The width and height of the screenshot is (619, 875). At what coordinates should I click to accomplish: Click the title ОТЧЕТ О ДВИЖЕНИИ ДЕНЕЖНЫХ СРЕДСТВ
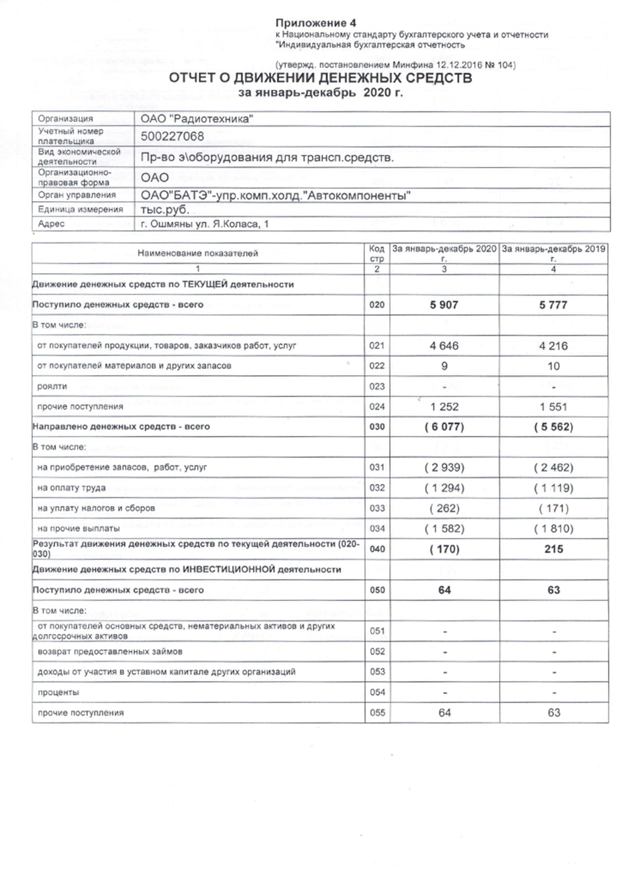coord(320,78)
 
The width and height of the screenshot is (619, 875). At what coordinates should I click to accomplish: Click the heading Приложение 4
coord(316,23)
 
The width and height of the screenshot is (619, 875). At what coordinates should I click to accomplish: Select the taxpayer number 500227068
coord(172,136)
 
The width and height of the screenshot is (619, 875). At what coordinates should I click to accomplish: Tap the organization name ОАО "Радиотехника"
coord(197,119)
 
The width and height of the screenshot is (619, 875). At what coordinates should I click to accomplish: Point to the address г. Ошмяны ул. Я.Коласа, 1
coord(204,224)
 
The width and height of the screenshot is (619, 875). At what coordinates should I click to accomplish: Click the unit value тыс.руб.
coord(165,209)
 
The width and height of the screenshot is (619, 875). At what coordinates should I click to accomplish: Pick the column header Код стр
coord(377,253)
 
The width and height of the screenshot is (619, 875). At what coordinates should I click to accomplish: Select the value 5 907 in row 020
coord(444,305)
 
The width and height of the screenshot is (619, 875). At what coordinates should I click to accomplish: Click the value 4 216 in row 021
coord(553,346)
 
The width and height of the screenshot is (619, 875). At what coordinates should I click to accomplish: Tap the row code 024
coord(377,407)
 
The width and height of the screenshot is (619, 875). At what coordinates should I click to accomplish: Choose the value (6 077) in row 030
coord(444,427)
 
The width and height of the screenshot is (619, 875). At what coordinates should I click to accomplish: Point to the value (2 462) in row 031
coord(553,468)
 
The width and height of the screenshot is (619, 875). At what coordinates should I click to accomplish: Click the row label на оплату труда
coord(71,488)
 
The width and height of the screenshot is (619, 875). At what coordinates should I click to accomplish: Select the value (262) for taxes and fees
coord(444,508)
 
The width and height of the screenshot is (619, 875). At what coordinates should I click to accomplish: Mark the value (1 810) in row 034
coord(553,529)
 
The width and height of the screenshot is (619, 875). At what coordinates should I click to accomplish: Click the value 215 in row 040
coord(553,549)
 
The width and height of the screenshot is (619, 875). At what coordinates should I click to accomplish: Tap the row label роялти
coord(52,386)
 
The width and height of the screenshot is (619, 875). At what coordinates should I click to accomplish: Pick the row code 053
coord(377,672)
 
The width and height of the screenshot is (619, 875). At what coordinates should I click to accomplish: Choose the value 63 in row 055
coord(553,713)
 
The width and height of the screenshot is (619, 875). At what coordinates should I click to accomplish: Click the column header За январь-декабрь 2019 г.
coord(553,253)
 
